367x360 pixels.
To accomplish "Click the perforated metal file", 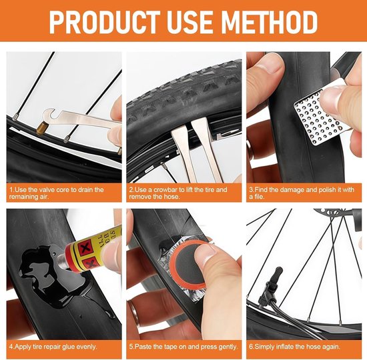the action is (321, 115).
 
